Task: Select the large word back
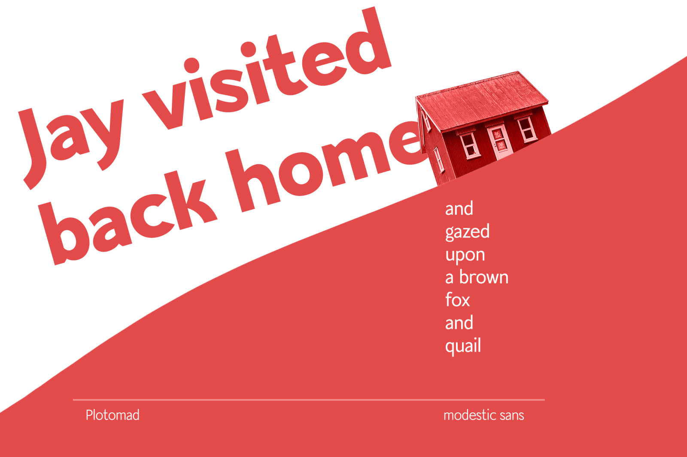click(x=129, y=211)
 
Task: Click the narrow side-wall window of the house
click(x=439, y=159)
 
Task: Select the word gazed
click(x=467, y=232)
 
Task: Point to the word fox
click(x=457, y=299)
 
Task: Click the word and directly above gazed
click(x=459, y=209)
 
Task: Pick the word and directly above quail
click(x=459, y=322)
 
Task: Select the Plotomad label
click(x=112, y=415)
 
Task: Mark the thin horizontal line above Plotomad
click(x=309, y=400)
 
